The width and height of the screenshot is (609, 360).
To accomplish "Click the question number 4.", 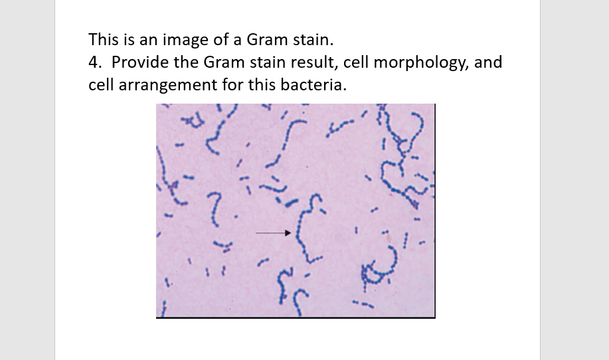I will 94,62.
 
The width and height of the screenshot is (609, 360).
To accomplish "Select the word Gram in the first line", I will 266,39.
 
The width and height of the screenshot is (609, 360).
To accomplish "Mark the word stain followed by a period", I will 309,39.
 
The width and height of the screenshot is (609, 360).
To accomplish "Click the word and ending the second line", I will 488,62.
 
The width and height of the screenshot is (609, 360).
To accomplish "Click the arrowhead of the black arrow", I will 288,233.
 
